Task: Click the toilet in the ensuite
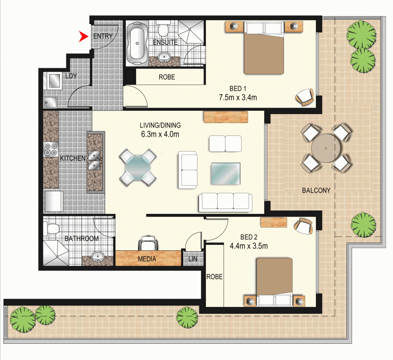coord(165,31)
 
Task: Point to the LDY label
coord(71,76)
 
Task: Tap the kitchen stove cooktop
coord(51,149)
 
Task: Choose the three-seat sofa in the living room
coord(225,201)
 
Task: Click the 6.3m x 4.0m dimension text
coord(160,134)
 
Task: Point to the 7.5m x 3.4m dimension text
coord(238,97)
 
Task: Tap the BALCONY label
coord(316,190)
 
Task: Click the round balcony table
coord(326,148)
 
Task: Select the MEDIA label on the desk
coord(147,259)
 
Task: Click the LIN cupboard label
coord(192,259)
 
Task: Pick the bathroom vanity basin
coord(97,256)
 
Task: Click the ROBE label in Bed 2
coord(215,277)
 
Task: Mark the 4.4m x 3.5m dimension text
coord(249,246)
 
